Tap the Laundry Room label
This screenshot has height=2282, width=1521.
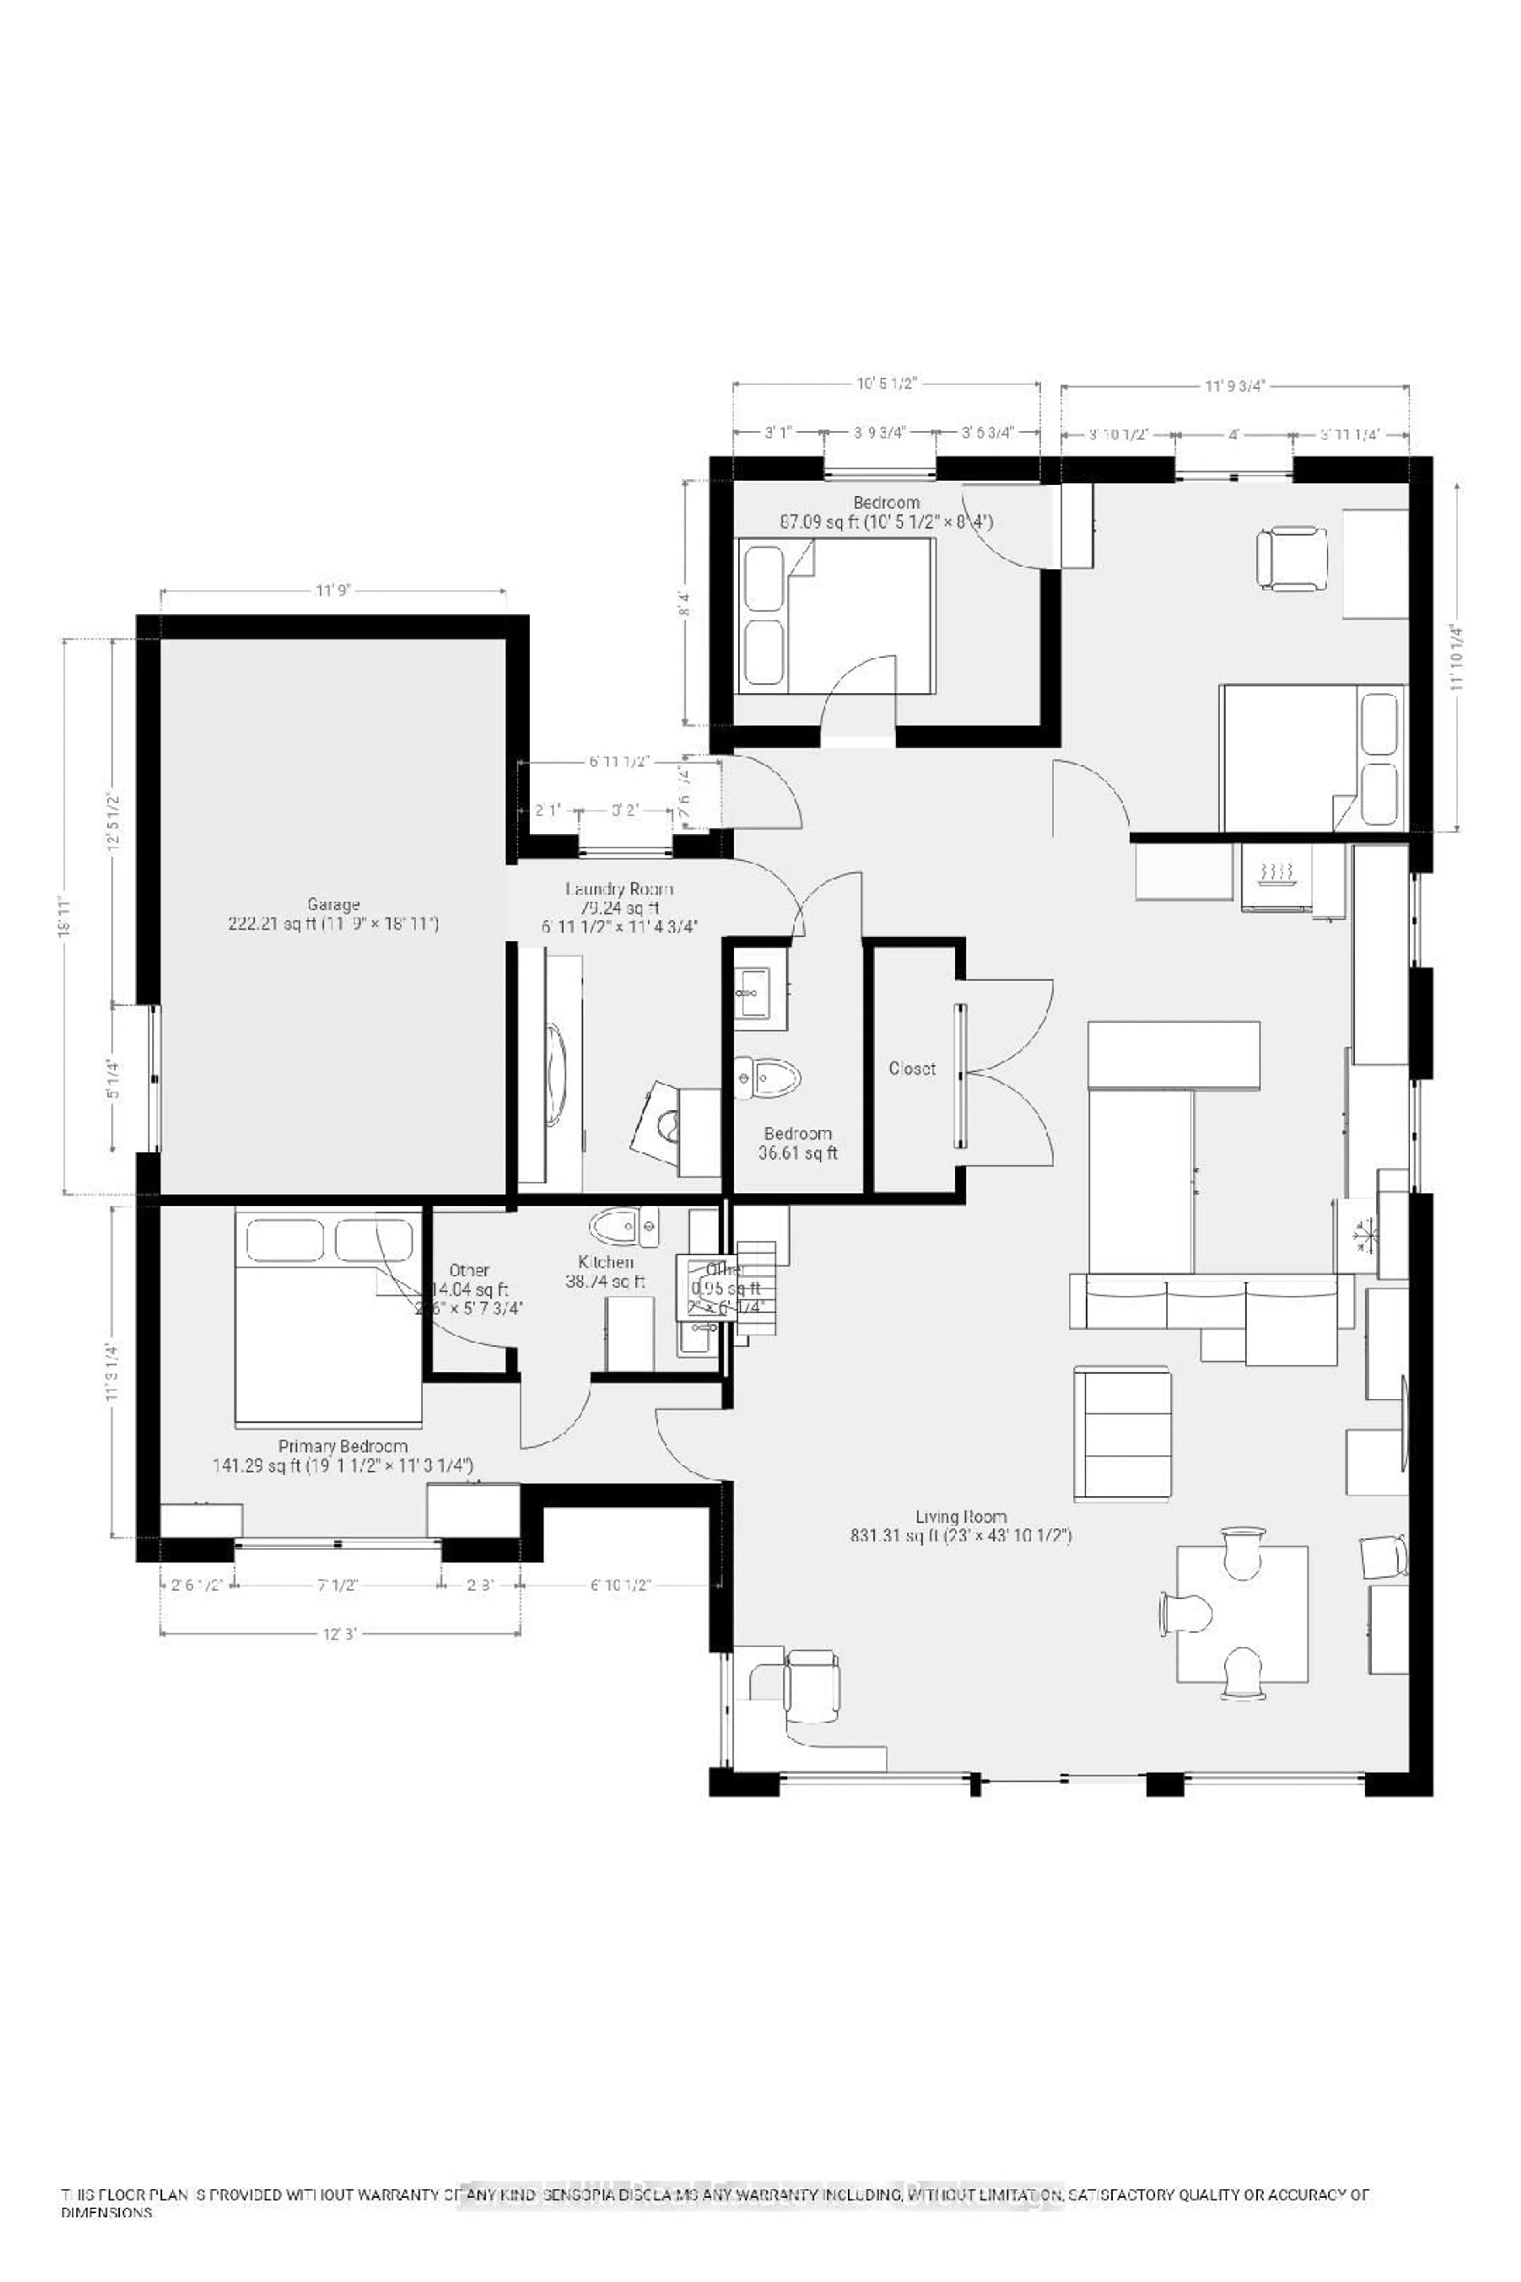pos(619,889)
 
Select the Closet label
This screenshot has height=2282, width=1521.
pos(912,1068)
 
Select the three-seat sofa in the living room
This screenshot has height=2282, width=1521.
pos(1210,1302)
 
